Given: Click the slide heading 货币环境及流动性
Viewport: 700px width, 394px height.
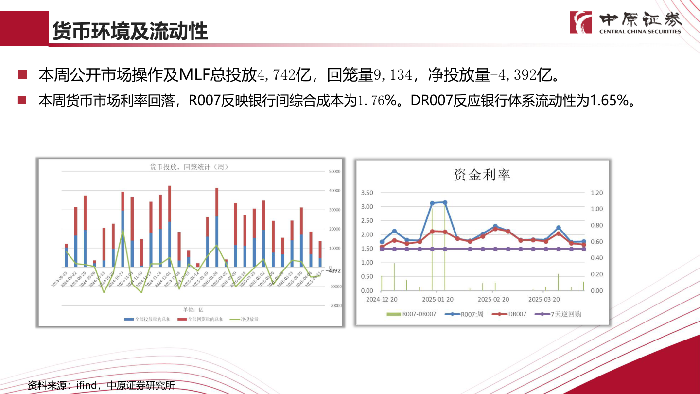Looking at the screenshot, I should [x=130, y=31].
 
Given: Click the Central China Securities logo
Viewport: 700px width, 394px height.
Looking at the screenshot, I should [x=626, y=22].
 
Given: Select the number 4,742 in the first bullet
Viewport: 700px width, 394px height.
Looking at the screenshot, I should [x=276, y=75].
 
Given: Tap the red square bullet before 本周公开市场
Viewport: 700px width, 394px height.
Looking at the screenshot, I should [x=22, y=75].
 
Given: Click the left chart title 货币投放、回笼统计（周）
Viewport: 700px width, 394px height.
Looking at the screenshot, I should [x=189, y=167].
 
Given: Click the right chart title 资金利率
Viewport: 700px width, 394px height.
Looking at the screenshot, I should [x=482, y=175].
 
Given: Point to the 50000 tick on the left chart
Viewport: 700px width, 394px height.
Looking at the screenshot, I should [x=334, y=171].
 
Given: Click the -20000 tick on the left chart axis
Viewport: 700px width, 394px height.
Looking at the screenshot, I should [x=334, y=306].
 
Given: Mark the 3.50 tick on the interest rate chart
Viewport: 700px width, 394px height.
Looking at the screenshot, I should [x=367, y=193].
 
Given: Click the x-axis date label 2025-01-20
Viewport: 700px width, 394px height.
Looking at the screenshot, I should [x=437, y=300].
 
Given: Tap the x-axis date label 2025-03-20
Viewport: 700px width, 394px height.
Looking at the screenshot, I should [x=544, y=300].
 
